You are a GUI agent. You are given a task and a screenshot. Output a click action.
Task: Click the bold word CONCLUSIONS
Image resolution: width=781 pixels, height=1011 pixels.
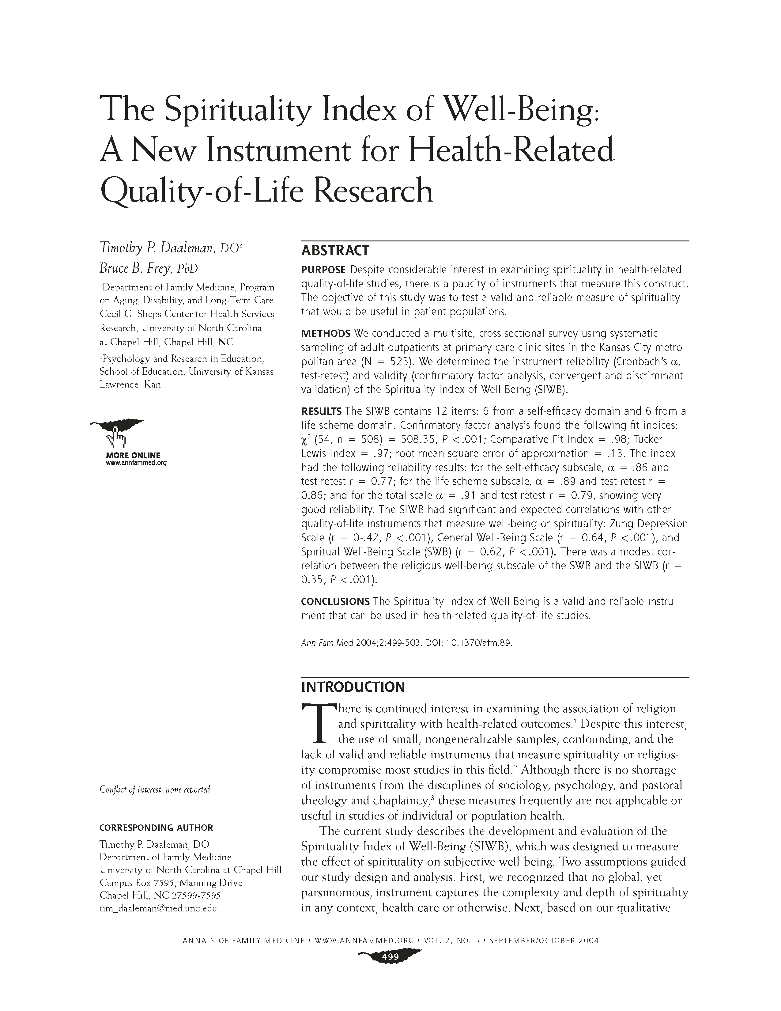click(335, 601)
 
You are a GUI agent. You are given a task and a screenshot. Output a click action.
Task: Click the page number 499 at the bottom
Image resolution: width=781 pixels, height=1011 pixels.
click(390, 957)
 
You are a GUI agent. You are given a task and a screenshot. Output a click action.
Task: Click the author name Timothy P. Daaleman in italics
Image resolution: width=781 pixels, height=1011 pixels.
click(157, 248)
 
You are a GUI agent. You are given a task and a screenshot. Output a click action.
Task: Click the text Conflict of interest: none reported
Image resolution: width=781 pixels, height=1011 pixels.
click(155, 789)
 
